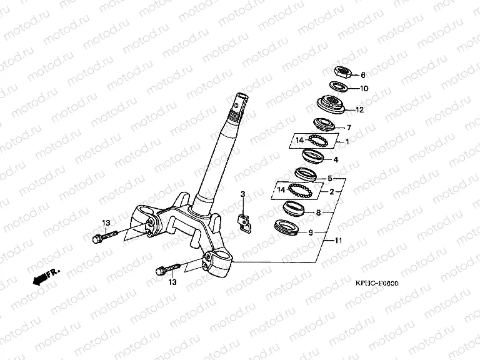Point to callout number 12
coord(359,110)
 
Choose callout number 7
coord(349,128)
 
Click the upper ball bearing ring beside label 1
coord(318,141)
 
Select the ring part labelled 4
coord(311,155)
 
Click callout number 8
coord(318,212)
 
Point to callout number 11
coord(338,241)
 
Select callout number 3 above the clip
coord(243,196)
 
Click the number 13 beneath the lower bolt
coord(172,282)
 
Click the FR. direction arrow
coord(46,274)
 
